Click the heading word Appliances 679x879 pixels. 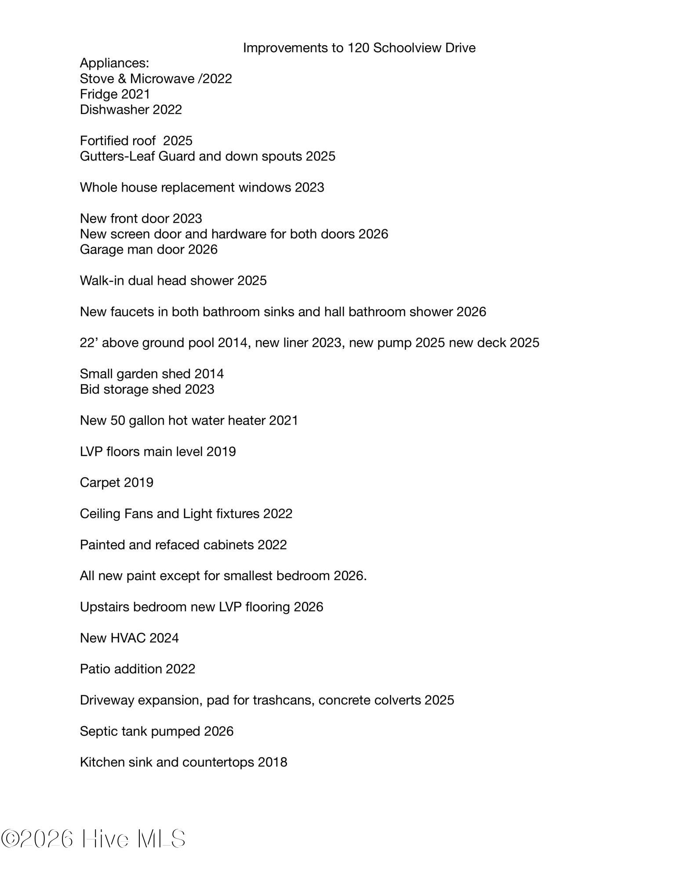point(114,63)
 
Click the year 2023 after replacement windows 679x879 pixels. point(309,187)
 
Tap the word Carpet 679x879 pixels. point(100,483)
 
